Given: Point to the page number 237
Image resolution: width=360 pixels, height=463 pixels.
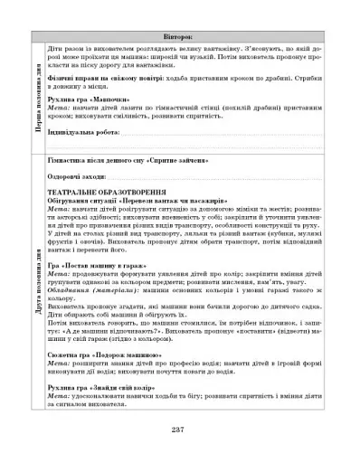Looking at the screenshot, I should [179, 427].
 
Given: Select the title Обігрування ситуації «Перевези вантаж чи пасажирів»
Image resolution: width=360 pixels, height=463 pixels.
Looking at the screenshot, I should [132, 200].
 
